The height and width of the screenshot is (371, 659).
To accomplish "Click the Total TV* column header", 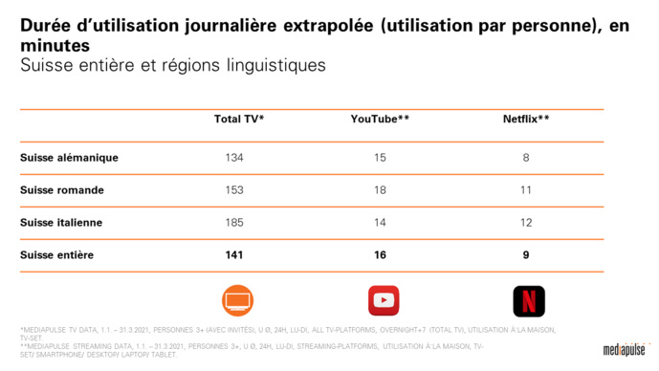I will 238,120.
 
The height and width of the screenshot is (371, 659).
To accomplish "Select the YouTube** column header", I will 380,120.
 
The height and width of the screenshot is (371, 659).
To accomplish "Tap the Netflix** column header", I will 526,120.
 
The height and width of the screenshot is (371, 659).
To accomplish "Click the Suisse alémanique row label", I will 69,158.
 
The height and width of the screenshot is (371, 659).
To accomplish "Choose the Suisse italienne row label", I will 61,223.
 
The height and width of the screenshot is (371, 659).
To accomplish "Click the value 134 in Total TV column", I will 234,158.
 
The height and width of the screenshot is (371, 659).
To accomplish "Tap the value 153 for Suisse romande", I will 234,190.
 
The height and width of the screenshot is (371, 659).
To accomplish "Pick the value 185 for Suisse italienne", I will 234,223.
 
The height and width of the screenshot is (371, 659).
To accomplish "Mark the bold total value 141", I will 234,255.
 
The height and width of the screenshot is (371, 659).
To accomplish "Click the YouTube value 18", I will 380,190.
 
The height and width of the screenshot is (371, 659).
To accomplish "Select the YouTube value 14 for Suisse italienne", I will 380,223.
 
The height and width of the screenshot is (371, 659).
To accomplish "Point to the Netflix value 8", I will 526,158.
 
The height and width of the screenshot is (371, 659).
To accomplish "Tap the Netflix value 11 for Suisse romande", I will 526,190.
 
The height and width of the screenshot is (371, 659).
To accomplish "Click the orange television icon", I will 237,300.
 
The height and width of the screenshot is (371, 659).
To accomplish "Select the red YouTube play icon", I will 384,300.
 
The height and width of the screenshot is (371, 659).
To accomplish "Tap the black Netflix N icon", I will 528,300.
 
